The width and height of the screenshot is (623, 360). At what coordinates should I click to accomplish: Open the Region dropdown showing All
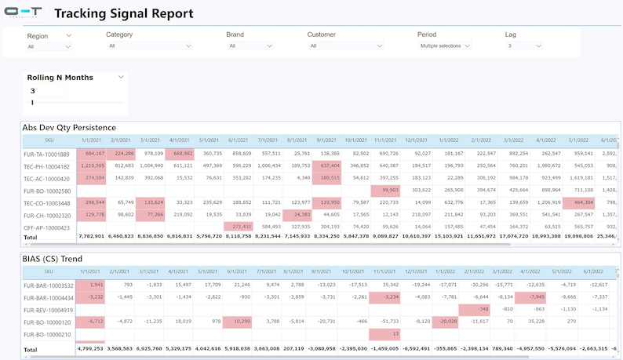(x=49, y=47)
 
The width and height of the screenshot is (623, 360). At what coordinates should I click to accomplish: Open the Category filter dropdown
(x=149, y=46)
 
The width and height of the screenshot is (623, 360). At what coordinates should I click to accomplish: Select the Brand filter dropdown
(x=250, y=46)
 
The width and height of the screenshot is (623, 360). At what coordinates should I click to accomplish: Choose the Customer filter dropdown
(x=345, y=46)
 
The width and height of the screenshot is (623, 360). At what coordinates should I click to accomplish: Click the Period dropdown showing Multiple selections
(x=444, y=46)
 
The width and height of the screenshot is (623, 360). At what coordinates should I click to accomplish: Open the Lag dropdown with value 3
(x=523, y=46)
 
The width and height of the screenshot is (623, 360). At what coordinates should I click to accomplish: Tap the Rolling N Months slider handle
(x=32, y=103)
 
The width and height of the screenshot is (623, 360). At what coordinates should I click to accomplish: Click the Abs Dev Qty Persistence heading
(x=69, y=127)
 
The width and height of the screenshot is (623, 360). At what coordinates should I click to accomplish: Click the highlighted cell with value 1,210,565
(x=92, y=166)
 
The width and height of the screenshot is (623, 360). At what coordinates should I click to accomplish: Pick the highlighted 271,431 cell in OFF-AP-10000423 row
(x=247, y=227)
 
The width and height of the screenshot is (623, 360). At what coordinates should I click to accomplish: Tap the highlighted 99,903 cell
(x=384, y=191)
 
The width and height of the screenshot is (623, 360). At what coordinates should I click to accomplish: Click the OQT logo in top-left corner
(x=24, y=14)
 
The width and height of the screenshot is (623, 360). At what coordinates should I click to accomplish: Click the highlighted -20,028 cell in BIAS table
(x=448, y=322)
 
